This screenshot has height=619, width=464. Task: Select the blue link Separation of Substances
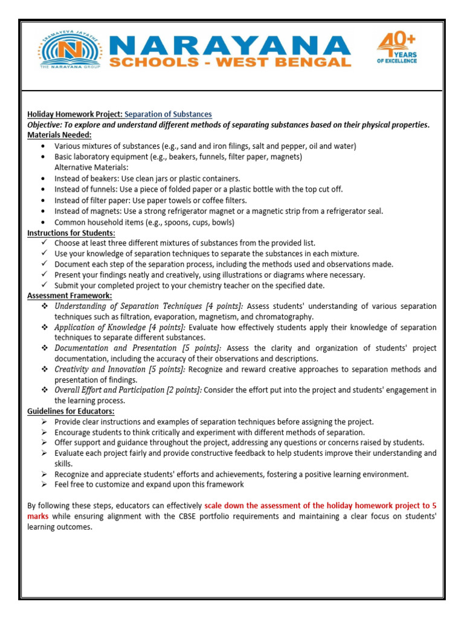coord(168,114)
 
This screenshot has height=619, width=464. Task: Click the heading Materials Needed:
coord(59,135)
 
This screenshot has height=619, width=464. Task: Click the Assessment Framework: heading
coord(69,296)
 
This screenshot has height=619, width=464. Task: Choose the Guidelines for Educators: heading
coord(68,411)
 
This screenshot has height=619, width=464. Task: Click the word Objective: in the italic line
coord(47,125)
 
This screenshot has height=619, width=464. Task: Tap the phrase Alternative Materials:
coord(91,167)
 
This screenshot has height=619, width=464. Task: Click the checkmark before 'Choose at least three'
coord(44,243)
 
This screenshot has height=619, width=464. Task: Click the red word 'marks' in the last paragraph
coord(39,516)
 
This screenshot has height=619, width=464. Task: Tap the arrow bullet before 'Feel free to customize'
coord(44,485)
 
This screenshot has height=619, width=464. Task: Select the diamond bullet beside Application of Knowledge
coord(44,327)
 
